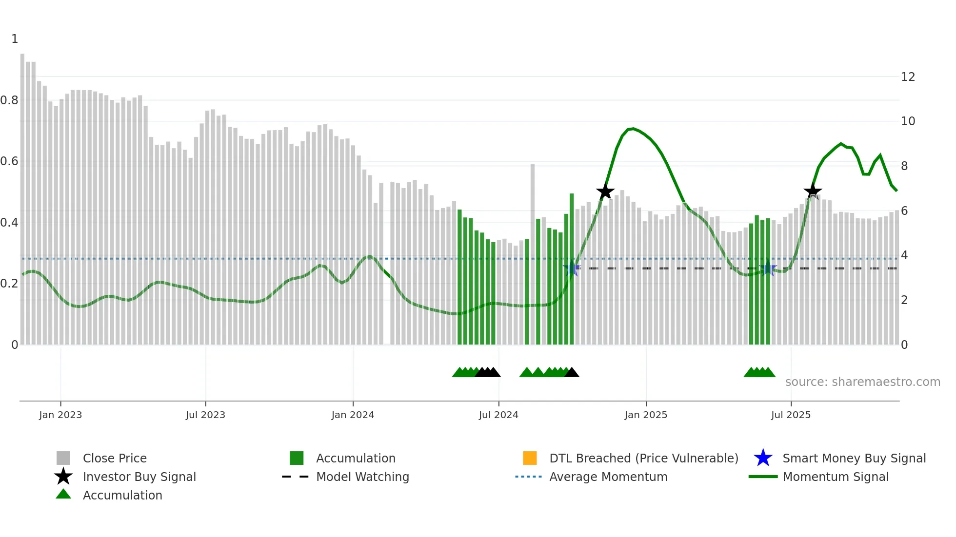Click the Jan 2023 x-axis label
click(60, 415)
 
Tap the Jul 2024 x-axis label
click(498, 415)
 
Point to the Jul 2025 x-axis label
click(791, 415)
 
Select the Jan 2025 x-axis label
click(646, 415)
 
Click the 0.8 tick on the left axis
click(9, 100)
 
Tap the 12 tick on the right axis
click(908, 77)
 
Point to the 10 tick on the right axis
click(908, 121)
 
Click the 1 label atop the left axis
click(15, 39)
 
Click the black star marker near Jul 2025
click(813, 192)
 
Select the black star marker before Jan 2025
click(605, 192)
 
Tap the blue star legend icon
click(763, 458)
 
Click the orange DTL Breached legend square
click(530, 458)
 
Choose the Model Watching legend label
click(362, 477)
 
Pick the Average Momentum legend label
click(608, 477)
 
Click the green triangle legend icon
click(63, 494)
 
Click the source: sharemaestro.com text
click(862, 382)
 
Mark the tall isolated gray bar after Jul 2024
click(533, 253)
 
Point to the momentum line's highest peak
click(633, 129)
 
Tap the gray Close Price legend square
click(63, 458)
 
